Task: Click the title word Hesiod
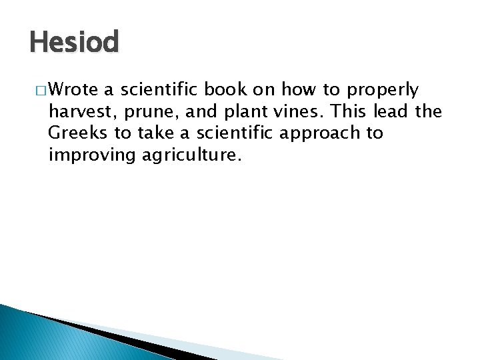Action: (x=74, y=43)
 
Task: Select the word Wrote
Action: (x=73, y=89)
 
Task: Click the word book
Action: (x=226, y=89)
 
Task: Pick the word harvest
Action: (x=79, y=111)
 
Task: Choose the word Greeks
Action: (x=78, y=133)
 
